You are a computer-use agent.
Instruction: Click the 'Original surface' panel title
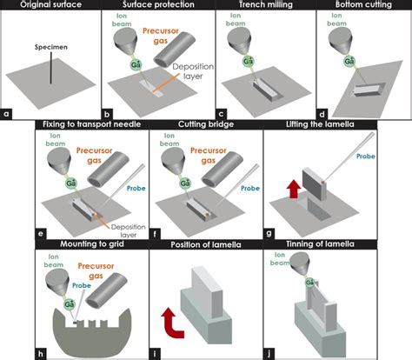[x=50, y=6]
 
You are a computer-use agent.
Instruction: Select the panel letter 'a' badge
[x=7, y=112]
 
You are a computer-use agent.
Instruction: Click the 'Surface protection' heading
[x=153, y=6]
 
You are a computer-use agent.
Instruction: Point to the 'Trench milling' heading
[x=257, y=6]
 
